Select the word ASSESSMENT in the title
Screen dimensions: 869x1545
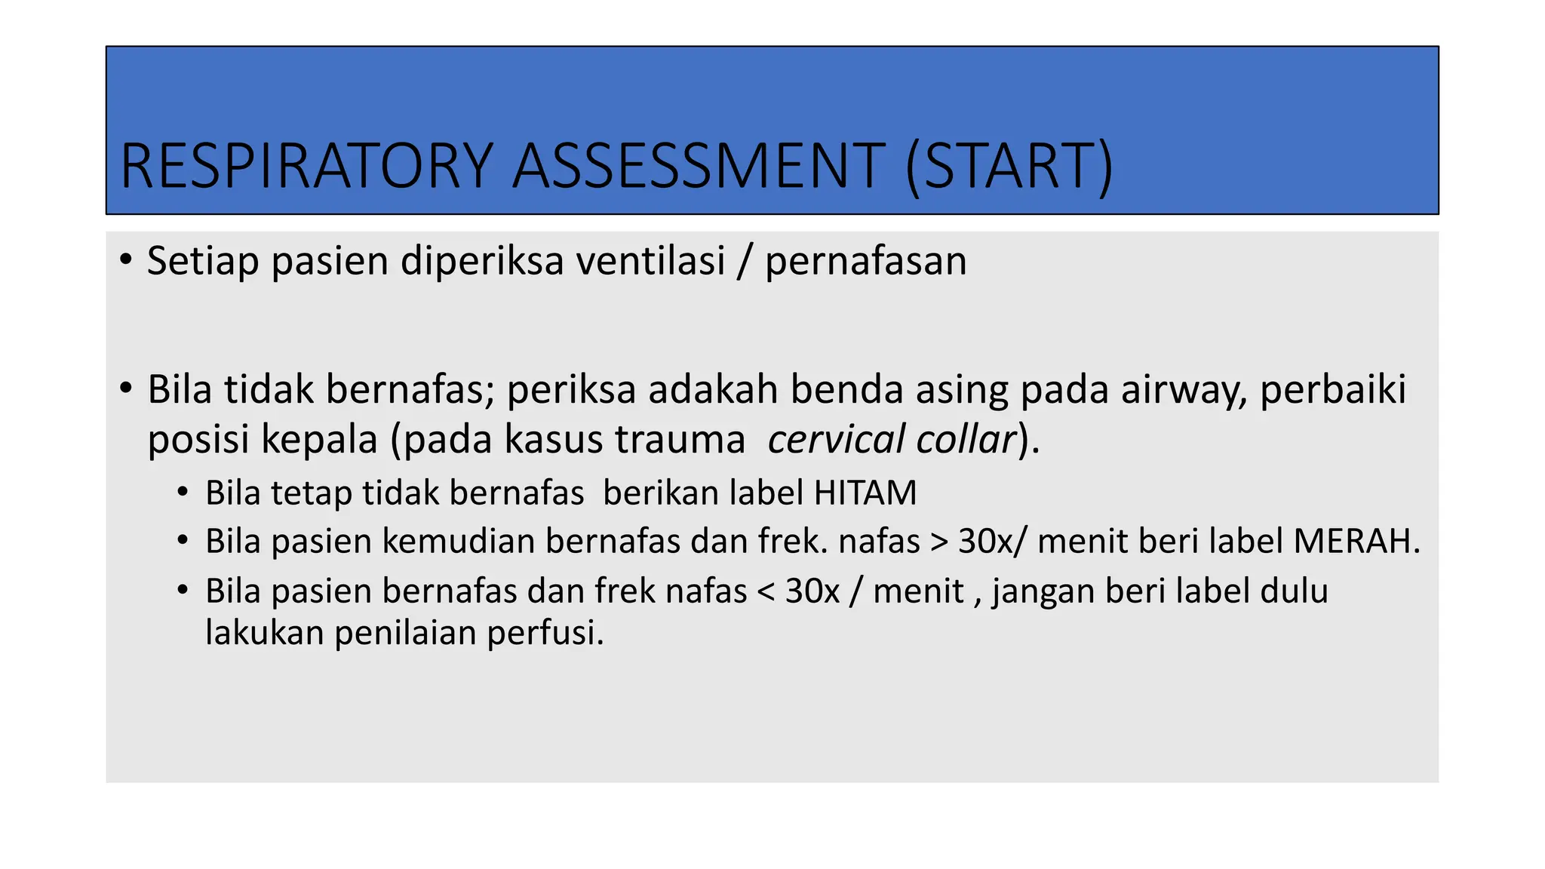coord(699,166)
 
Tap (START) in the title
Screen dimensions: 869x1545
coord(1009,166)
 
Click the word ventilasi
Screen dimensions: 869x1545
coord(650,261)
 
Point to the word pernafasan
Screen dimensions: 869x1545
coord(865,261)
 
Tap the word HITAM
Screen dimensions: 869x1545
coord(865,493)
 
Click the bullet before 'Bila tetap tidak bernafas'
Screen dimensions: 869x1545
coord(183,493)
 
